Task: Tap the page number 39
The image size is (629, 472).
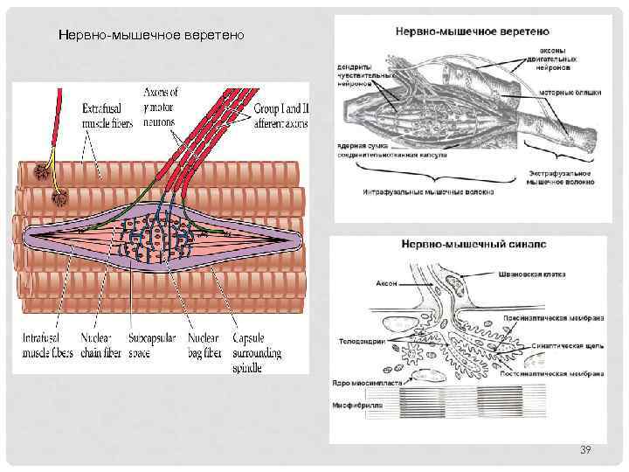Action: (x=586, y=449)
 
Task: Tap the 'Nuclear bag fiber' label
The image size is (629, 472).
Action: (x=203, y=345)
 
